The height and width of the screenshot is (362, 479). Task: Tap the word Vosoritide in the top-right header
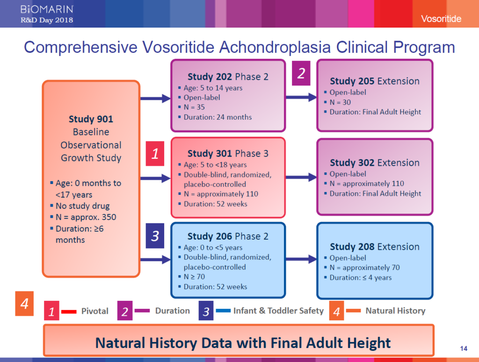pos(441,19)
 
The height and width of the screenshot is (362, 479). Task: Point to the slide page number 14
pos(464,348)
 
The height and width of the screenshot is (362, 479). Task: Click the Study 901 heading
pos(91,119)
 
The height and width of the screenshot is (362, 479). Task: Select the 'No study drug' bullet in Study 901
pos(83,206)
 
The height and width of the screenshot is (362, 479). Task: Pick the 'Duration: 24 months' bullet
pos(218,117)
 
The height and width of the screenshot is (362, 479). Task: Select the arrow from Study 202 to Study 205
pos(301,98)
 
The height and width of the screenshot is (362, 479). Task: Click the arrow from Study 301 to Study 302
pos(301,177)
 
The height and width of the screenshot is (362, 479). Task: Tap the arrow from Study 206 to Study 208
pos(301,259)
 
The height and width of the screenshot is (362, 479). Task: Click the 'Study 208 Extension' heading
pos(375,247)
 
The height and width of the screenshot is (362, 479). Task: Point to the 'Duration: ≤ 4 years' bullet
pos(360,277)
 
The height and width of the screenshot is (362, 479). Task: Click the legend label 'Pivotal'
pos(94,311)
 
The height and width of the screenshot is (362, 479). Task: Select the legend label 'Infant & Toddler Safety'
pos(278,311)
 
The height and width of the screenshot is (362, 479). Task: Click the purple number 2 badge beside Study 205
pos(301,74)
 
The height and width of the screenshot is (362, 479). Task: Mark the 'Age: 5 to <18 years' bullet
pos(215,165)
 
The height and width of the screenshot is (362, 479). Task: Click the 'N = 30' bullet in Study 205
pos(340,102)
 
